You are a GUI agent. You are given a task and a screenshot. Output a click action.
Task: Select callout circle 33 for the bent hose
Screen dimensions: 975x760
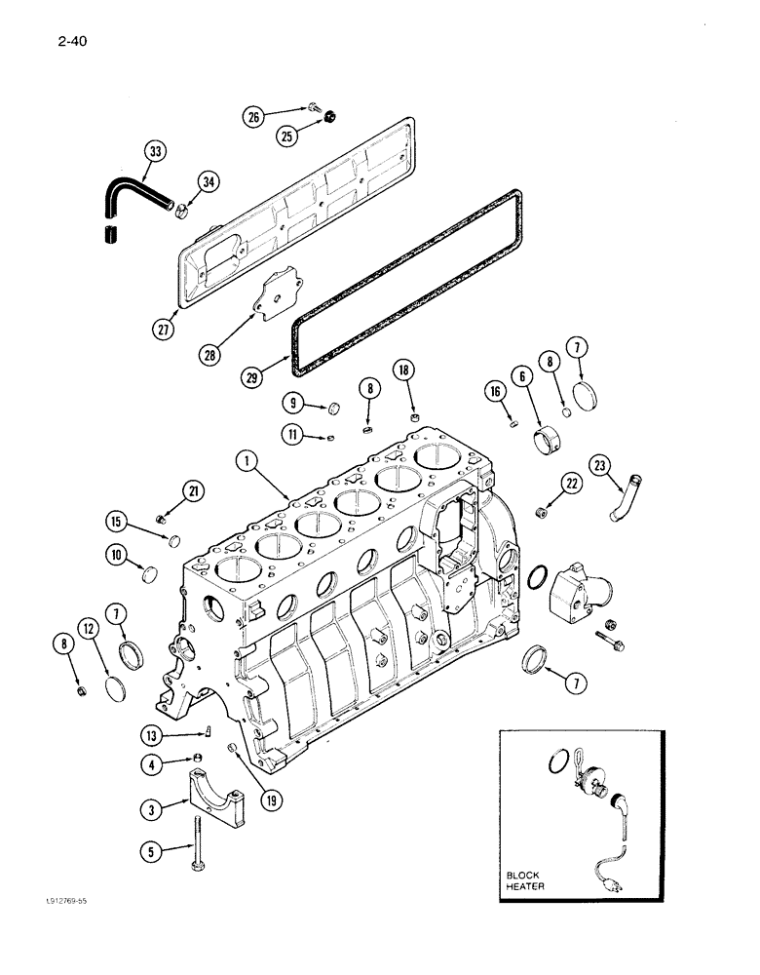click(155, 151)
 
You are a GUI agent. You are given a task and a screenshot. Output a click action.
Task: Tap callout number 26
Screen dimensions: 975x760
click(254, 116)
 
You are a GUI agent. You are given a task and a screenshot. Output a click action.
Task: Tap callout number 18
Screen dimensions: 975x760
click(405, 369)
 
